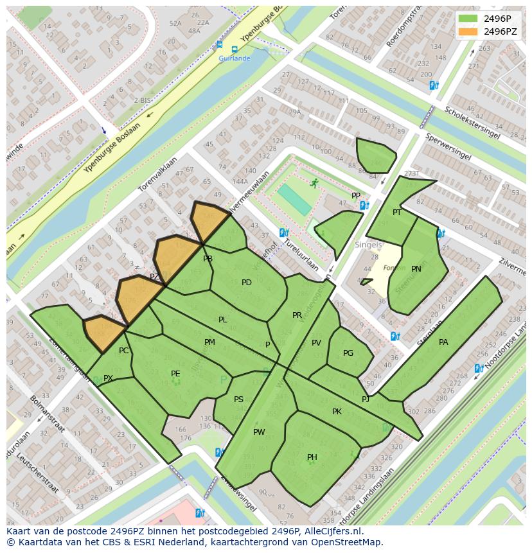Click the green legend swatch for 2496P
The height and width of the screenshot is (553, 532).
pos(468,18)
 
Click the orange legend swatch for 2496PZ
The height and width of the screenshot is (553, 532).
pos(468,31)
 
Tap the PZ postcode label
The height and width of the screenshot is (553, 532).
pos(154,277)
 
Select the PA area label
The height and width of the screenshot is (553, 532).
pos(443,342)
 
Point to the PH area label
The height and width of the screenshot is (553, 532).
pos(312,457)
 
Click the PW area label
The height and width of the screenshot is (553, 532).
pos(259,432)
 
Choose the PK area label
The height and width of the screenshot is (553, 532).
pos(337,412)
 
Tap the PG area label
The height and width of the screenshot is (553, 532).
pos(348,353)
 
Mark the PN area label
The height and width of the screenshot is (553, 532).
pos(416,269)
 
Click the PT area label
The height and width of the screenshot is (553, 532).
pos(397,213)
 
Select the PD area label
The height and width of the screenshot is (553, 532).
pos(247,283)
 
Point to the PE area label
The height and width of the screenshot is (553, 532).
pos(175,373)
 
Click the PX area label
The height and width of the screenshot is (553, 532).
pos(108,378)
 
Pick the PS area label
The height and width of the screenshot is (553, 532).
pos(238,399)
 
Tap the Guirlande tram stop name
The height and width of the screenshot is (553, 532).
pos(235,58)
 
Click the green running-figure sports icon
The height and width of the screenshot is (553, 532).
pos(314,184)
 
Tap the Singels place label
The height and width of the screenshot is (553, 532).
pos(368,245)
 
